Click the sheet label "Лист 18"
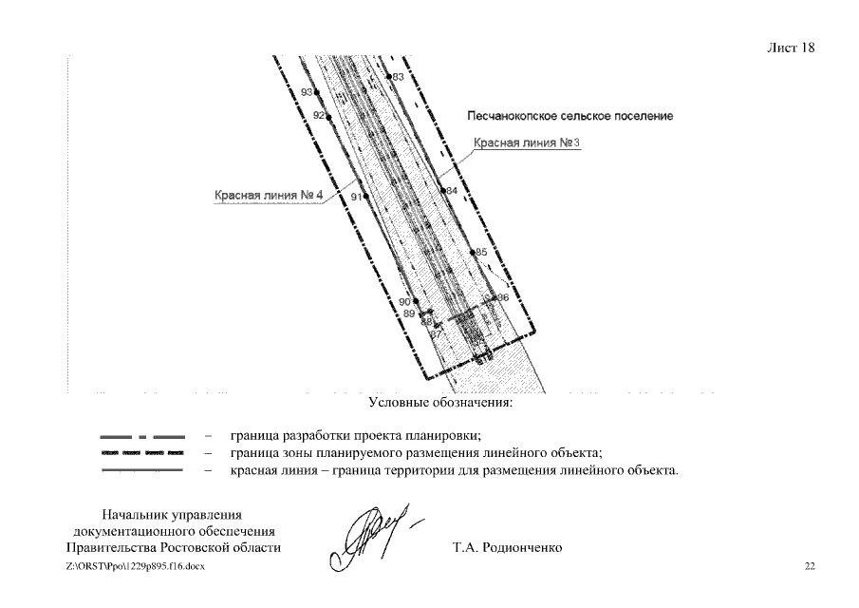click(790, 48)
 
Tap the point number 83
click(398, 76)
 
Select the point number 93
click(307, 92)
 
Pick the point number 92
click(319, 115)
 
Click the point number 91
click(356, 196)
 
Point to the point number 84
click(452, 190)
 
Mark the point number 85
click(481, 252)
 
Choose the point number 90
click(403, 302)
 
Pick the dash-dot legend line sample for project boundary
click(141, 436)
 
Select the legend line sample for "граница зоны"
click(141, 453)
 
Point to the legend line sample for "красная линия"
click(141, 470)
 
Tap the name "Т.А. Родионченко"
click(508, 548)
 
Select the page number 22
click(810, 566)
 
